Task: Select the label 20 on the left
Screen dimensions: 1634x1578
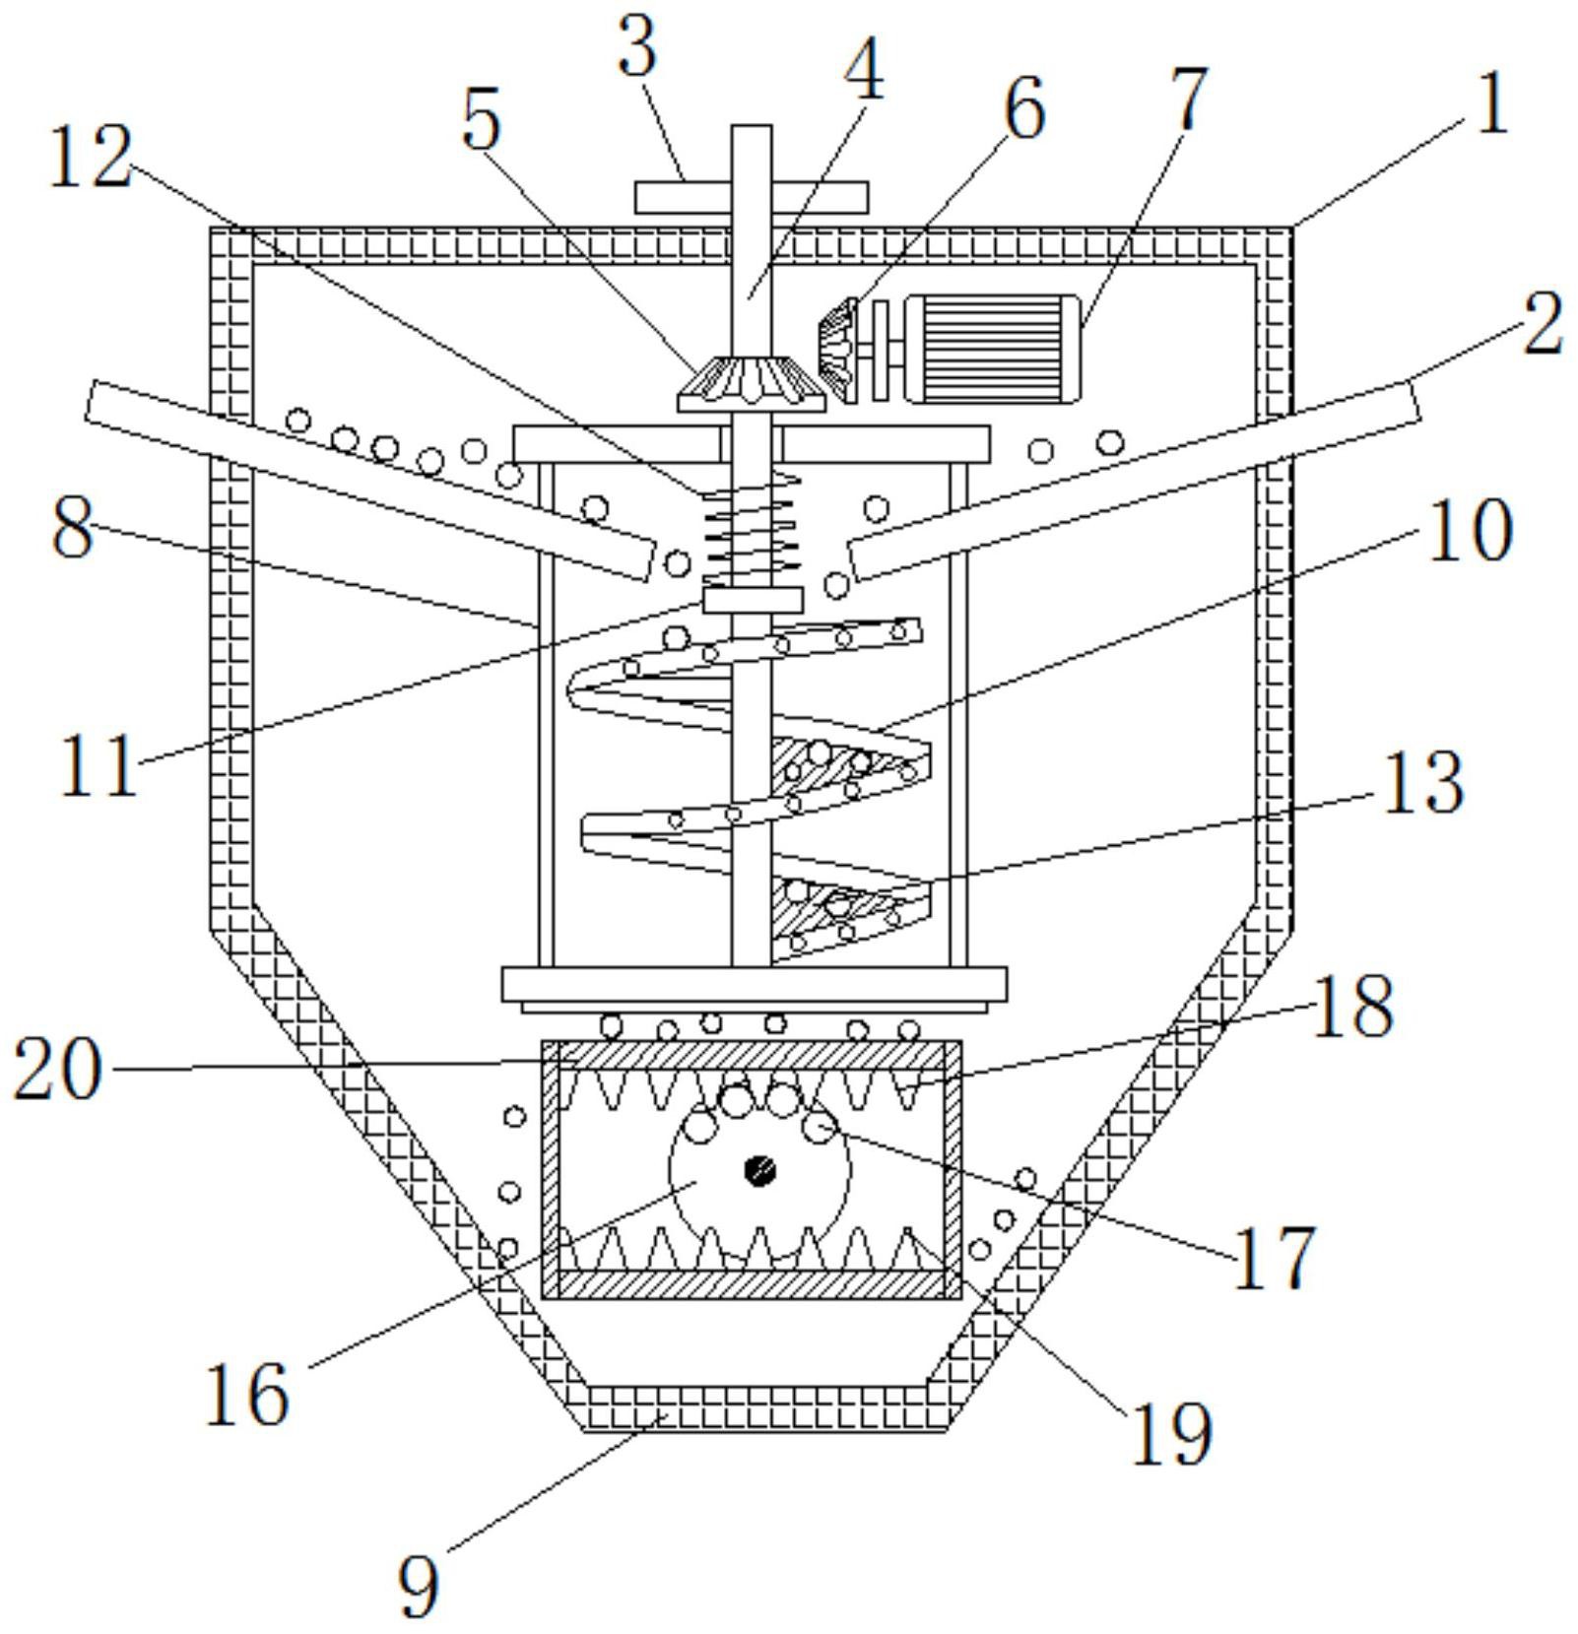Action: pyautogui.click(x=57, y=1070)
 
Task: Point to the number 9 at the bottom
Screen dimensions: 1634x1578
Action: pyautogui.click(x=419, y=1584)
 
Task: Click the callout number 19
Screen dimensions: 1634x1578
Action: pyautogui.click(x=1171, y=1432)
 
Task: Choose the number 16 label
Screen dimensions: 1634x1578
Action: pyautogui.click(x=247, y=1394)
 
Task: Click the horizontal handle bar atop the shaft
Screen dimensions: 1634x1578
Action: pyautogui.click(x=752, y=197)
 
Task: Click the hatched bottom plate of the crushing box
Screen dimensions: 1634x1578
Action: pyautogui.click(x=751, y=1282)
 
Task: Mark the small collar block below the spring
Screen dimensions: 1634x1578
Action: pyautogui.click(x=753, y=600)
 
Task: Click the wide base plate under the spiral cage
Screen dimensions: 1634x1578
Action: pyautogui.click(x=754, y=983)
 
